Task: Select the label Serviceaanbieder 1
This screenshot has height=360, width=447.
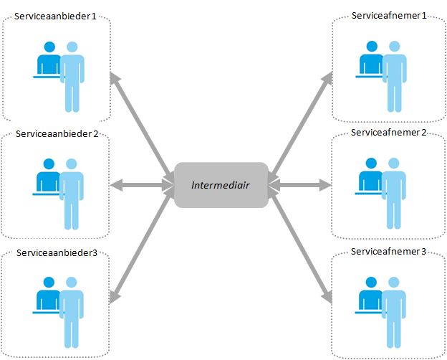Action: (55, 16)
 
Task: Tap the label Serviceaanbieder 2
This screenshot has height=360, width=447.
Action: (57, 134)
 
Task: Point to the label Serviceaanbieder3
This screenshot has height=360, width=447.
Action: (56, 253)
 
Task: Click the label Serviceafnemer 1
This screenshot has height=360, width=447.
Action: (389, 16)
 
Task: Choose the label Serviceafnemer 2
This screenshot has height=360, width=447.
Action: (389, 133)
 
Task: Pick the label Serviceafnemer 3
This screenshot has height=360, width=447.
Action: (389, 252)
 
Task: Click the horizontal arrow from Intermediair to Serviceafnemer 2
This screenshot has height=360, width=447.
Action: (302, 185)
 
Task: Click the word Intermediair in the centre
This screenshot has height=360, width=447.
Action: (221, 185)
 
